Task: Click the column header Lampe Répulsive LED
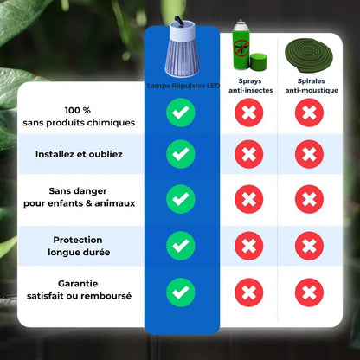181,84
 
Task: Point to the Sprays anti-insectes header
249,86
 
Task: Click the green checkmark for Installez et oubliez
181,155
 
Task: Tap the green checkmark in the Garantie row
181,290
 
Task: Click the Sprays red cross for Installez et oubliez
249,155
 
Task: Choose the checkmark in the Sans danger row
181,200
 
